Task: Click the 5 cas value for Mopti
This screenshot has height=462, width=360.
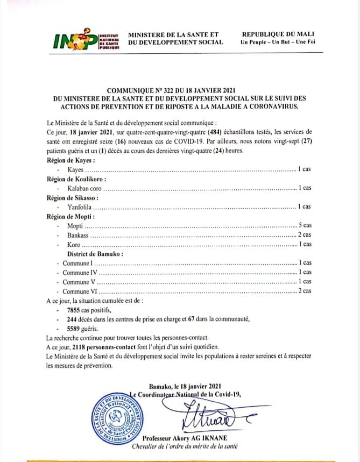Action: click(x=305, y=225)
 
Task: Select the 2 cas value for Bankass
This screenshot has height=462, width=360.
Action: click(x=305, y=235)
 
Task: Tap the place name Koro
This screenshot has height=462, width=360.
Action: click(x=74, y=244)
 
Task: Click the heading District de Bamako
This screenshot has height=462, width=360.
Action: click(x=95, y=253)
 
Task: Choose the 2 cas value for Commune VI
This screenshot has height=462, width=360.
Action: click(x=305, y=291)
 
